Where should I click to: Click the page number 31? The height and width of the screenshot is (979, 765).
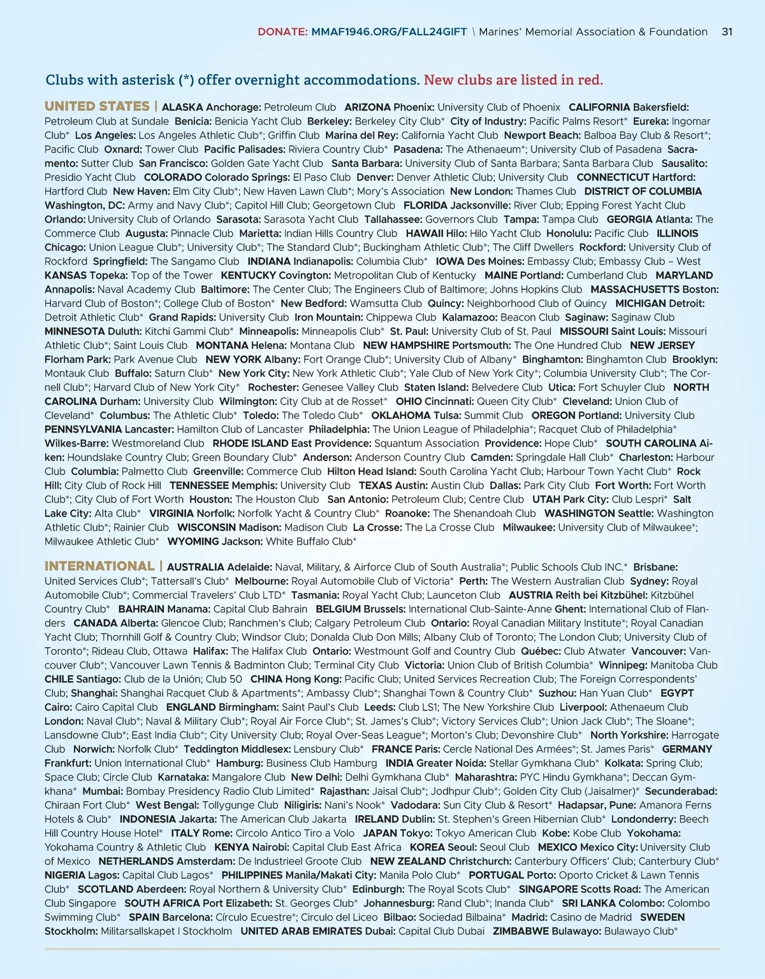click(x=727, y=32)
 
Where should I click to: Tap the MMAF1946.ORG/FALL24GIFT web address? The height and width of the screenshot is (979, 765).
click(x=389, y=32)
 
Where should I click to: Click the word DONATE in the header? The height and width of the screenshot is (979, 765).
click(x=281, y=32)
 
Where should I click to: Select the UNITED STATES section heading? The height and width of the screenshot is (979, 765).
click(x=97, y=107)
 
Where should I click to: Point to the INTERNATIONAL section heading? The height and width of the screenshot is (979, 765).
click(x=99, y=566)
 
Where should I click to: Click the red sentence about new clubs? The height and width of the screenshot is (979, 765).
click(x=513, y=80)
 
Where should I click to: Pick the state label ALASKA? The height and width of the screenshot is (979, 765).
click(x=182, y=107)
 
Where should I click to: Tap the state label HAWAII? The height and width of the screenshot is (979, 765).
click(x=424, y=233)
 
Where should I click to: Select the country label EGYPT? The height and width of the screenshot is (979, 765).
click(x=677, y=693)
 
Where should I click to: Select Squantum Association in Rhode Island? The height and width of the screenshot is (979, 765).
click(x=426, y=443)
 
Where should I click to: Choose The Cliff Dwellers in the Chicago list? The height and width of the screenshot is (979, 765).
click(x=533, y=247)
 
